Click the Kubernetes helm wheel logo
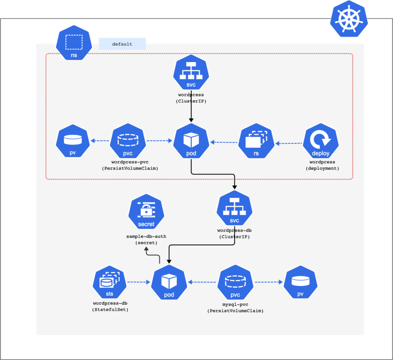(348, 19)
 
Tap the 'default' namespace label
(122, 44)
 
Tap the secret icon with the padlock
(146, 212)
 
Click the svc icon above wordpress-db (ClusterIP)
(234, 210)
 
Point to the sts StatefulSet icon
(110, 283)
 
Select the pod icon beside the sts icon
(169, 283)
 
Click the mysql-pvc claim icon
(235, 283)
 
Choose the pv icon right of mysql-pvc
(301, 283)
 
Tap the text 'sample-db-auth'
(146, 236)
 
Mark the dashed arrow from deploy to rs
(289, 144)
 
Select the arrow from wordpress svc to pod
(191, 106)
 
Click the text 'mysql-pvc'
(235, 304)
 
